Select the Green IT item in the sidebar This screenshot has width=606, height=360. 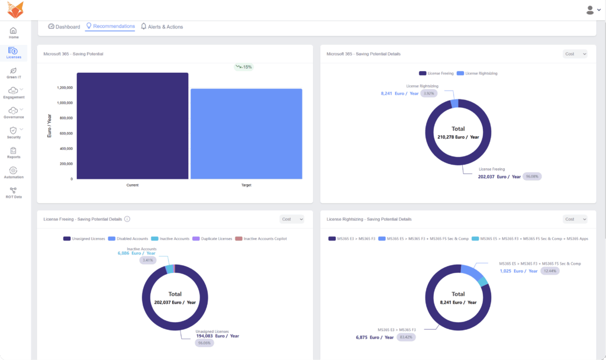click(14, 73)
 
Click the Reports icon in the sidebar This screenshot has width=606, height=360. click(14, 153)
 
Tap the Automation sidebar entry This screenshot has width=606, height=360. click(14, 173)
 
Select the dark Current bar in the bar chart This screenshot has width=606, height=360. click(133, 126)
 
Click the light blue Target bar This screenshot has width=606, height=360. click(246, 134)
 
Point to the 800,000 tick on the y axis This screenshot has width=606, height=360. click(63, 118)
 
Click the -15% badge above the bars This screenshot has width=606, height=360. click(243, 67)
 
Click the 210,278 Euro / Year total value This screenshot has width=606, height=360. click(458, 137)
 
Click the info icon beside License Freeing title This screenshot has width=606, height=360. click(127, 219)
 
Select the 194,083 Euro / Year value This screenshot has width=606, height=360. click(217, 336)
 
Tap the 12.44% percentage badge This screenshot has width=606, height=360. click(550, 271)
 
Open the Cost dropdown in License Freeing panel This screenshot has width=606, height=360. click(291, 219)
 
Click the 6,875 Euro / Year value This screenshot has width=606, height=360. click(375, 337)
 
